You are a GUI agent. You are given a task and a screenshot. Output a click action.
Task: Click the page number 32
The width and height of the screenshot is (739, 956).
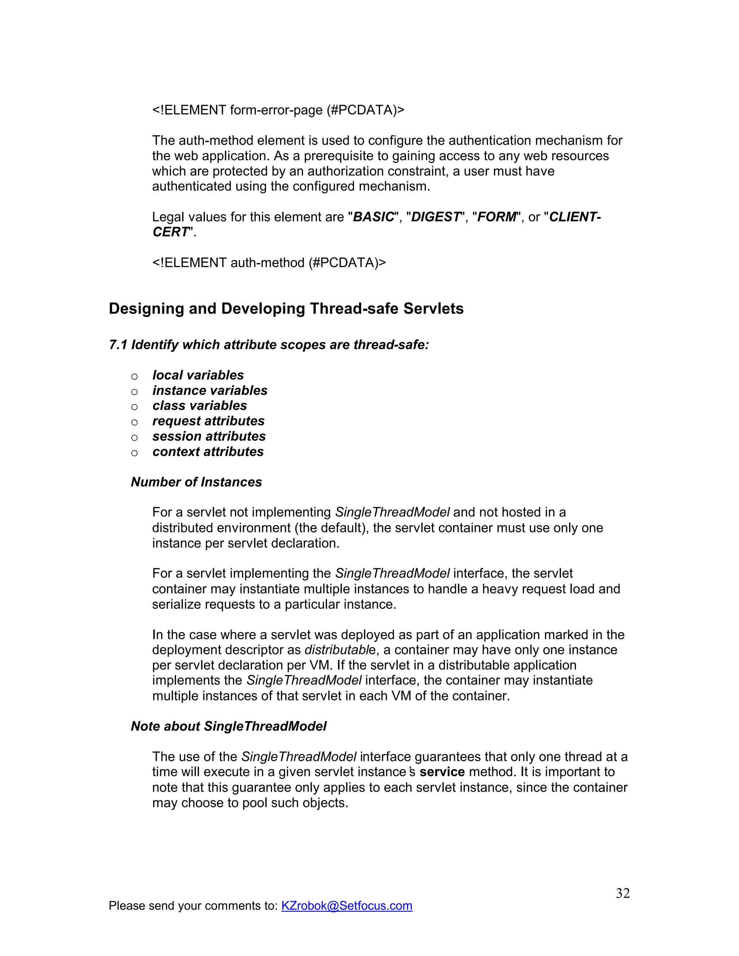622,893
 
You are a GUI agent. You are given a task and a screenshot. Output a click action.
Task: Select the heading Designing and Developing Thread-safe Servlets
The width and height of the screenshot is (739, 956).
286,308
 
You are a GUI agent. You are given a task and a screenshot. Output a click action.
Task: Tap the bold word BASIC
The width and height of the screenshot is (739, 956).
373,217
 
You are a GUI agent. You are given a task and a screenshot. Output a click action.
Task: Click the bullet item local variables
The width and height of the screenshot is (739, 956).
198,375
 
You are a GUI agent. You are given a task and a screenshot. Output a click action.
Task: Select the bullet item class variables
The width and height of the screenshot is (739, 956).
200,406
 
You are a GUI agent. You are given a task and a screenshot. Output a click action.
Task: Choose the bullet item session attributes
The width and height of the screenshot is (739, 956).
209,437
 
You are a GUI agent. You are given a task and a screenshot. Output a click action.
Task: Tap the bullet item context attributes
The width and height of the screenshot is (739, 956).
208,452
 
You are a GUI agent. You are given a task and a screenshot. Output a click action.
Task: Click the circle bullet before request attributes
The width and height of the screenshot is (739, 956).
134,422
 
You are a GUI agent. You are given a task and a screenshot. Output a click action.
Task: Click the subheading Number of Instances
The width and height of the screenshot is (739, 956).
196,482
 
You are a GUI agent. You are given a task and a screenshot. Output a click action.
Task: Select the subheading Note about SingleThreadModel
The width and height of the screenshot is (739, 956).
228,726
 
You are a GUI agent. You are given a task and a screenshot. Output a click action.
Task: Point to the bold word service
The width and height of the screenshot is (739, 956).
442,772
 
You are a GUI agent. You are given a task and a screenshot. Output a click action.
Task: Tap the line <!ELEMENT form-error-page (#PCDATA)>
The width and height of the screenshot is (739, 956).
278,110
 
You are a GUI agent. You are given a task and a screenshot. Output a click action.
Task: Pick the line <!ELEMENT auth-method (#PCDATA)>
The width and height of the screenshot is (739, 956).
269,263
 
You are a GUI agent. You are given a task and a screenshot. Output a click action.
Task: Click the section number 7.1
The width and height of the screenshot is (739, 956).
118,345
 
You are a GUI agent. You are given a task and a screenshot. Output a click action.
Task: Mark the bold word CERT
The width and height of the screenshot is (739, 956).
170,232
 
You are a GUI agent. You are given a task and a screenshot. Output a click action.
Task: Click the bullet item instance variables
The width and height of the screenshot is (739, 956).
210,390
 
